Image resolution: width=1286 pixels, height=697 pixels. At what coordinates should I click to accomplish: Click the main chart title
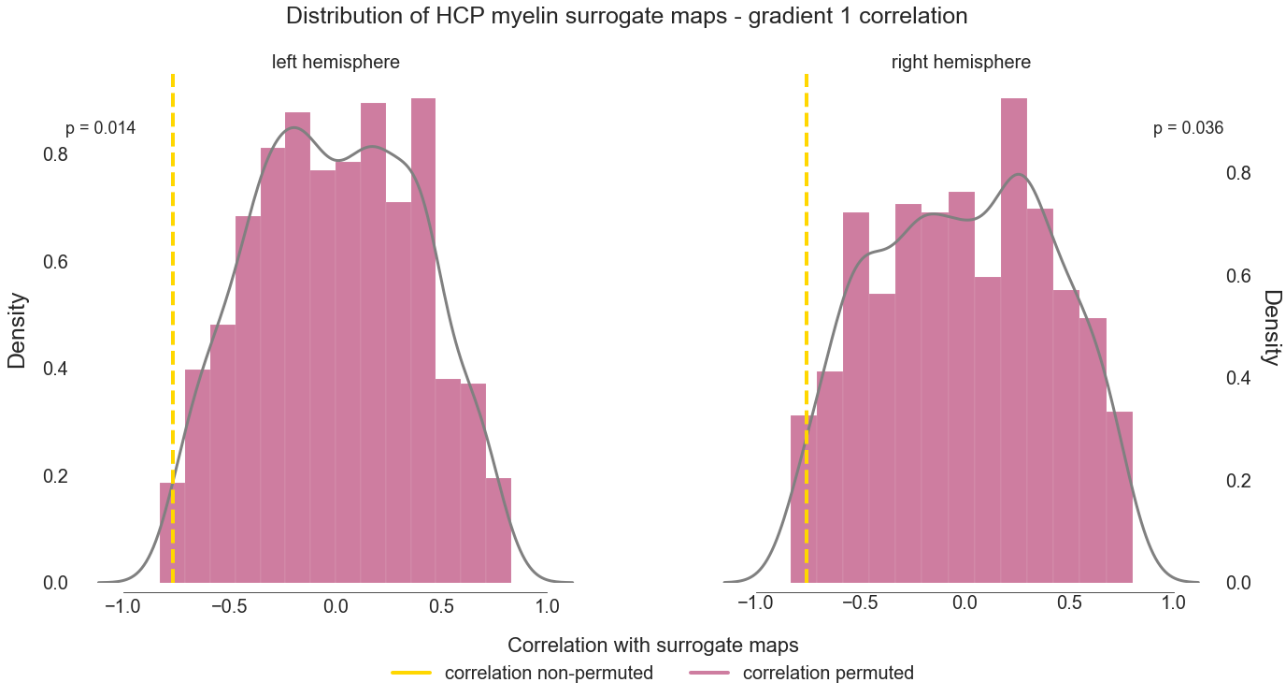click(x=626, y=16)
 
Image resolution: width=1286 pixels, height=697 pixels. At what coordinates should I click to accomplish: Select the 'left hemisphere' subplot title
click(x=336, y=63)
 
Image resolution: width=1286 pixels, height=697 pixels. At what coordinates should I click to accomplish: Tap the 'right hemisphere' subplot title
click(x=961, y=63)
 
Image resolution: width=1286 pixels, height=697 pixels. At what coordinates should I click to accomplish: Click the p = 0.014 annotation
click(x=101, y=129)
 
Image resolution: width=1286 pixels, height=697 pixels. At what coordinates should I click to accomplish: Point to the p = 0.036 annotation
click(x=1188, y=129)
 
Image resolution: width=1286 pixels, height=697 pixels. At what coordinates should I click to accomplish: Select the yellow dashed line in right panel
click(x=807, y=281)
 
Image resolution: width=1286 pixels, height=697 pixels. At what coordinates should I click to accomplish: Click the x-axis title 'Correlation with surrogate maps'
click(x=652, y=646)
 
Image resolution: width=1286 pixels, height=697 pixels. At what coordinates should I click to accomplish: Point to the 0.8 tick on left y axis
click(x=55, y=154)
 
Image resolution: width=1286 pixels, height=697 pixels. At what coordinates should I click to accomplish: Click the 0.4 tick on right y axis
click(x=1239, y=378)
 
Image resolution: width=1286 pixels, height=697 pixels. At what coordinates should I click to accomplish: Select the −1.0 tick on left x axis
click(x=123, y=605)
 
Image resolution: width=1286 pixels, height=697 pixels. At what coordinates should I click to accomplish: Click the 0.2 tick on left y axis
click(x=55, y=476)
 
